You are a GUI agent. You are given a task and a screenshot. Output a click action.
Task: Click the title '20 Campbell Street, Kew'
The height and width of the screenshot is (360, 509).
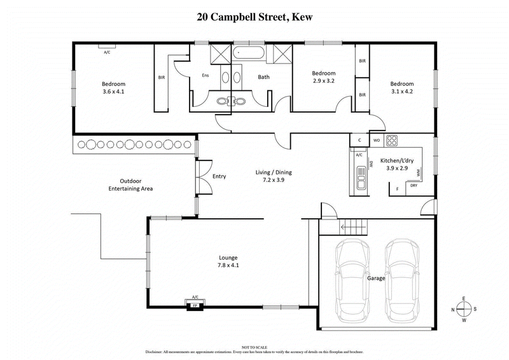tap(254, 18)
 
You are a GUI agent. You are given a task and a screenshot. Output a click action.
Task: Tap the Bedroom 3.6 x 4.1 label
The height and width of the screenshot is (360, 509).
tap(114, 88)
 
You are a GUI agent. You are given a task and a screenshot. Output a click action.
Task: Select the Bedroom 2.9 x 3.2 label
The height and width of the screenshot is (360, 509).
tap(323, 77)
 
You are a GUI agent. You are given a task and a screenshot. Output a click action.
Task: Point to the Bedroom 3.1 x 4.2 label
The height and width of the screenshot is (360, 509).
tap(401, 88)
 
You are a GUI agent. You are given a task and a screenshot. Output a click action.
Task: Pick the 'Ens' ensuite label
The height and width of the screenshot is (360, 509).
tap(206, 76)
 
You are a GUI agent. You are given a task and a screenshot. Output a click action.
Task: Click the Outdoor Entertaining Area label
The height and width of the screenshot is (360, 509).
tap(130, 185)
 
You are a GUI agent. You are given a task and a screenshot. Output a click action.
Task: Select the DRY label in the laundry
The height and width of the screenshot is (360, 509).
tap(414, 186)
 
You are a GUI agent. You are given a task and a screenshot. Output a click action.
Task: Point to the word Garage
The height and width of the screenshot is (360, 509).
tap(377, 279)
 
